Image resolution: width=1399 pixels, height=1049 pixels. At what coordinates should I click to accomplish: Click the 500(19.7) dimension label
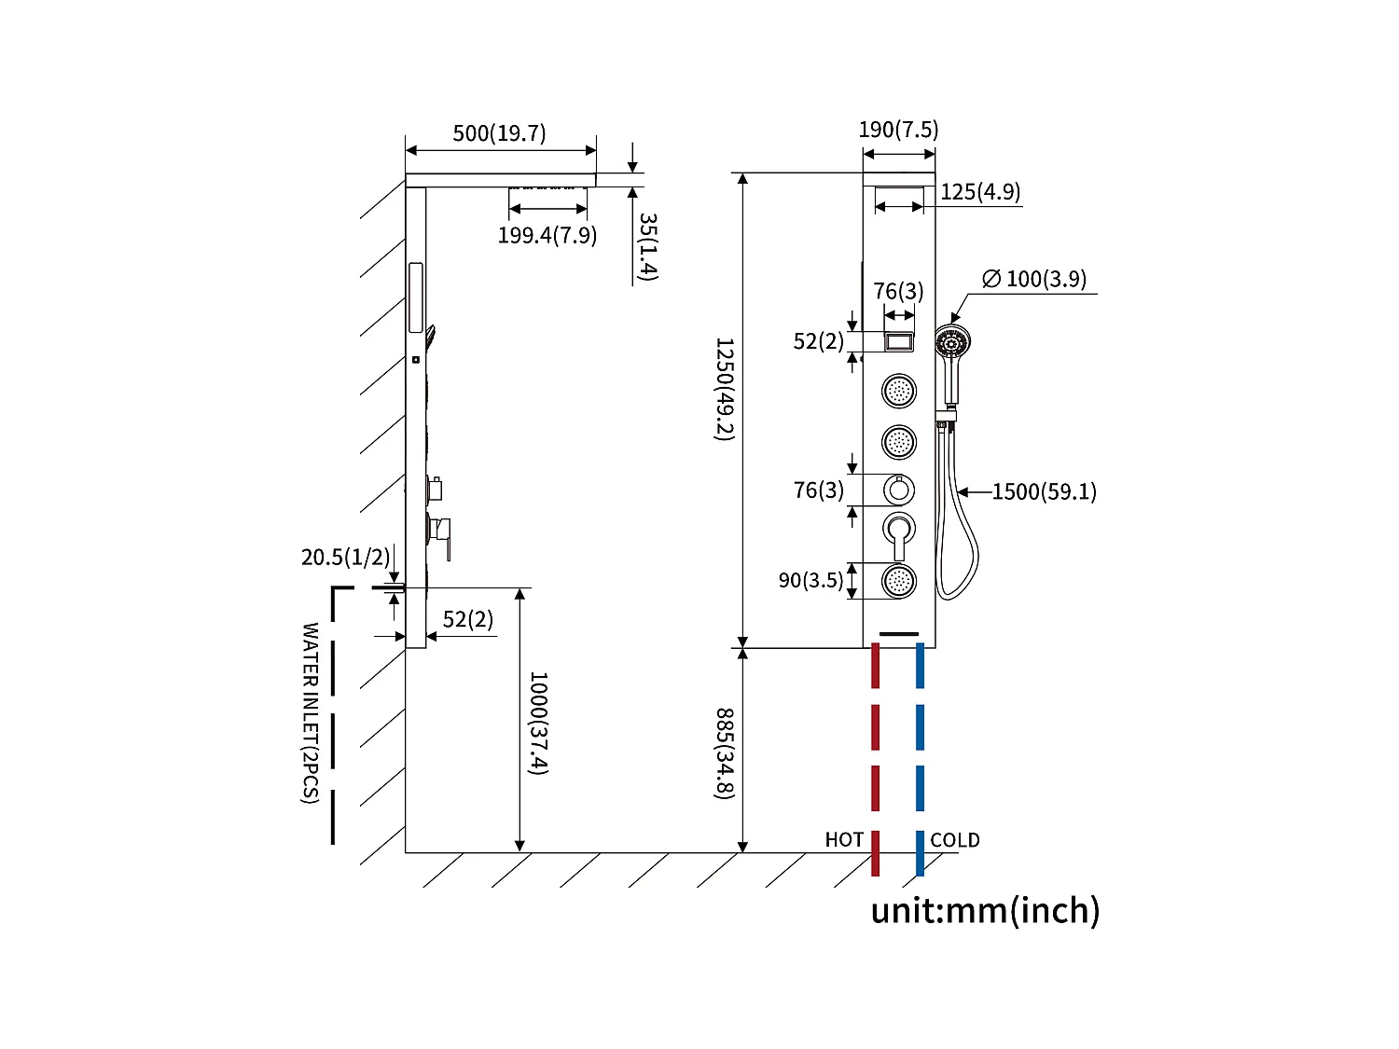tap(499, 133)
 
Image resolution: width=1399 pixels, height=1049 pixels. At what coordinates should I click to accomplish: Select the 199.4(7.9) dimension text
tap(547, 235)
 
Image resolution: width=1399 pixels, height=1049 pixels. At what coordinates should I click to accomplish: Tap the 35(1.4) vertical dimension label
tap(647, 246)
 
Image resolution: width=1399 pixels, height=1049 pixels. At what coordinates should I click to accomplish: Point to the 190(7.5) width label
tap(898, 130)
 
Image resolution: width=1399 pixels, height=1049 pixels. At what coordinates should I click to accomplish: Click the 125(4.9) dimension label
tap(979, 192)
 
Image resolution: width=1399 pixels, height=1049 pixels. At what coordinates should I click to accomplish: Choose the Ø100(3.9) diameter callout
tap(1034, 279)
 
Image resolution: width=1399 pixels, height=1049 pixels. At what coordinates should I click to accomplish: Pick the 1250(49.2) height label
tap(725, 389)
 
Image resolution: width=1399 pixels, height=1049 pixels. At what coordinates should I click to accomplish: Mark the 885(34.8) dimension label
tap(725, 753)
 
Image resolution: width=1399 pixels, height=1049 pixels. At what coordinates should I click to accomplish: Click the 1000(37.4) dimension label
tap(538, 723)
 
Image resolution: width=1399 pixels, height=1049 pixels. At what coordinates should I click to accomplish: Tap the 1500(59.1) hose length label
tap(1044, 491)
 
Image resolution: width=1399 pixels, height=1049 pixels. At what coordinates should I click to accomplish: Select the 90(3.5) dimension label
tap(810, 580)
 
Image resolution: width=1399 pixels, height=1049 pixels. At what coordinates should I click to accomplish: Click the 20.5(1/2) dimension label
tap(345, 557)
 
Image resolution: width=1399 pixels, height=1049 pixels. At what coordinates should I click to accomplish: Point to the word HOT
tap(844, 840)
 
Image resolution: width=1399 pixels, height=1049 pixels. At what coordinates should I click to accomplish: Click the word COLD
tap(955, 840)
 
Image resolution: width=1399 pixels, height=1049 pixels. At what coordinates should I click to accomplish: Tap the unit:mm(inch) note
tap(985, 910)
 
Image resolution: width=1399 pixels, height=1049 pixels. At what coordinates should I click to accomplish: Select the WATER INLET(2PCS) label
tap(311, 712)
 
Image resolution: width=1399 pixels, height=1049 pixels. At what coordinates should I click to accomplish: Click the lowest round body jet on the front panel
tap(899, 581)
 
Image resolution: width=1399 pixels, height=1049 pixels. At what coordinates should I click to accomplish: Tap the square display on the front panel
tap(899, 341)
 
